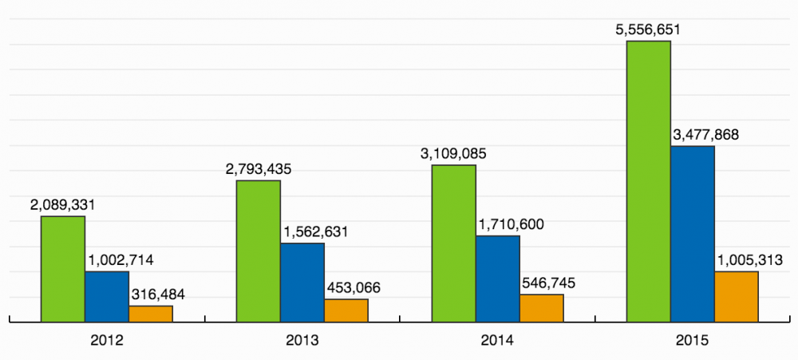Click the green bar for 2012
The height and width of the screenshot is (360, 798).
click(x=63, y=269)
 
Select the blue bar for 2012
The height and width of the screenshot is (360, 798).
click(x=107, y=297)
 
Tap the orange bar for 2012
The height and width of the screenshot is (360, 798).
click(x=151, y=314)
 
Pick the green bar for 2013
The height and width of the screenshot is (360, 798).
click(x=259, y=251)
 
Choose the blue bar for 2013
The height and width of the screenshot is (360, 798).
click(x=302, y=283)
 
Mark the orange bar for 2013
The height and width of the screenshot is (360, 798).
click(x=346, y=311)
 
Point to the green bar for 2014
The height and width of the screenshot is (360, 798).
click(x=454, y=243)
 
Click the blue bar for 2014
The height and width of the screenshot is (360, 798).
click(x=498, y=279)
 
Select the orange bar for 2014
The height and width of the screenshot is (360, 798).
click(x=542, y=308)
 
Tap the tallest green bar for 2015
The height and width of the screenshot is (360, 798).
click(x=649, y=181)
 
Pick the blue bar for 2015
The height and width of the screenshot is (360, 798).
click(x=693, y=234)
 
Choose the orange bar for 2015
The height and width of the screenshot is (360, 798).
click(x=737, y=297)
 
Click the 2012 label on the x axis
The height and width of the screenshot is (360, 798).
click(x=106, y=341)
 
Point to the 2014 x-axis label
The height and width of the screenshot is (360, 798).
click(x=497, y=341)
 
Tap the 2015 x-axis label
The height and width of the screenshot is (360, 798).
click(x=693, y=341)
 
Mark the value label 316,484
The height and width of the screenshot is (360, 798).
click(x=156, y=295)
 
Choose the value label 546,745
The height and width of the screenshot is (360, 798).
click(x=547, y=283)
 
